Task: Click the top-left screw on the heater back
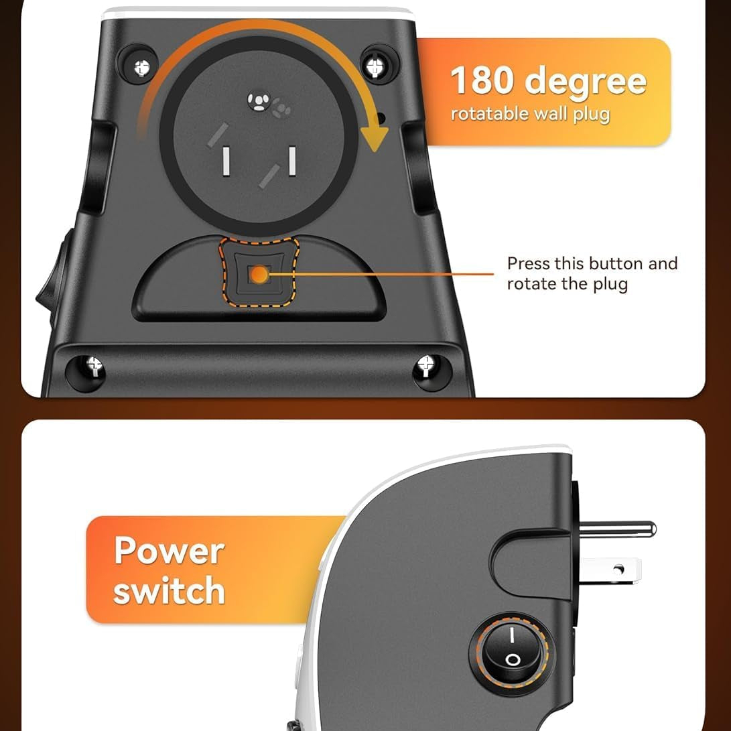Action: pyautogui.click(x=141, y=66)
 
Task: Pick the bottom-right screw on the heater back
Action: pyautogui.click(x=425, y=366)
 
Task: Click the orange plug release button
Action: pyautogui.click(x=259, y=273)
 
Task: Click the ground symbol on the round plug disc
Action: pyautogui.click(x=257, y=101)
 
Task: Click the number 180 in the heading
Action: pyautogui.click(x=483, y=80)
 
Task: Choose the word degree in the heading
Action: pyautogui.click(x=586, y=82)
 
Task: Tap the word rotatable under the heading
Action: pyautogui.click(x=490, y=113)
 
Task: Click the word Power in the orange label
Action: pyautogui.click(x=169, y=550)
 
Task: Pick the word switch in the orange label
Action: pyautogui.click(x=169, y=590)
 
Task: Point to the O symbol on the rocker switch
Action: pyautogui.click(x=513, y=659)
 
